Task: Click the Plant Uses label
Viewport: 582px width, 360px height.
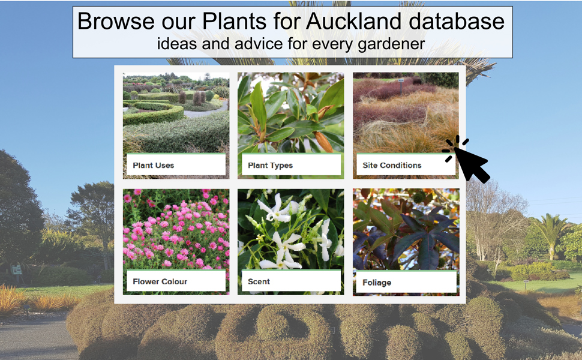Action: tap(153, 166)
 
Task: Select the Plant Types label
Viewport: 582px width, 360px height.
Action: tap(270, 166)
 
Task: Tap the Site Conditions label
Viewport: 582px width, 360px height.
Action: tap(392, 166)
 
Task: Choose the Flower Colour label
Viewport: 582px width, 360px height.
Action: tap(160, 281)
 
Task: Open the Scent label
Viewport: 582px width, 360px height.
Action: tap(259, 281)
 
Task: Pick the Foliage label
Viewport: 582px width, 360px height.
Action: tap(377, 283)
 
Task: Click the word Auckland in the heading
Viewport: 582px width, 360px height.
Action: tap(354, 21)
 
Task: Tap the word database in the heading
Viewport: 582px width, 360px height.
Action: tap(457, 21)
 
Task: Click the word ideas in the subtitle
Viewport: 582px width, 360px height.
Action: tap(176, 44)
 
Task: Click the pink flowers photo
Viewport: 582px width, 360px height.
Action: tap(176, 229)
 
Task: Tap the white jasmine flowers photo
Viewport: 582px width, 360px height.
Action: tap(290, 229)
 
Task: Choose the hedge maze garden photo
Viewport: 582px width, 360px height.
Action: tap(176, 113)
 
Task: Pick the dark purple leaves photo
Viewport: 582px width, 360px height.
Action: tap(406, 229)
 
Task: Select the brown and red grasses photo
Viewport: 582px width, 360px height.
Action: tap(406, 113)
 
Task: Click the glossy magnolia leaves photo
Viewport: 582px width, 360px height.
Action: tap(290, 113)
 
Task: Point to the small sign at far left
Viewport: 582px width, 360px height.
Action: tap(16, 270)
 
